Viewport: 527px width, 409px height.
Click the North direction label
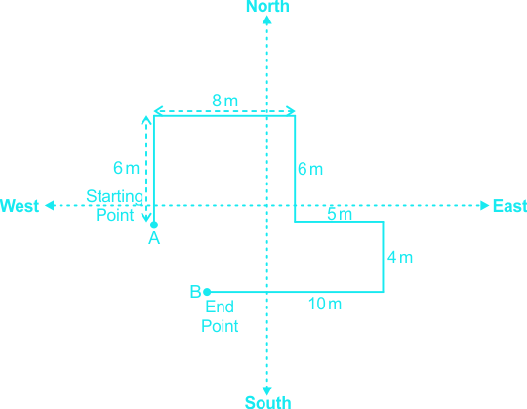(x=267, y=7)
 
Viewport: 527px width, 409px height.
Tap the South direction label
(x=267, y=402)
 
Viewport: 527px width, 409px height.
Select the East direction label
(x=509, y=206)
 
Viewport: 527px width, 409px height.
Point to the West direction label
(x=20, y=206)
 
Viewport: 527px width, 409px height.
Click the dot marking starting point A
(x=154, y=225)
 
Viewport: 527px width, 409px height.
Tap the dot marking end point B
(x=207, y=292)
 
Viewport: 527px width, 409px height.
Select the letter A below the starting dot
(x=154, y=238)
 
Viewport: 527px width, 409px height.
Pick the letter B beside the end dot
(x=195, y=291)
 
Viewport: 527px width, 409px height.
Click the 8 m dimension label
(x=224, y=101)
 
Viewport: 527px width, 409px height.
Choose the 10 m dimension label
(x=325, y=304)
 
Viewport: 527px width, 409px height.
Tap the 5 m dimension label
(x=340, y=214)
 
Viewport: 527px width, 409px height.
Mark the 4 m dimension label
(x=399, y=257)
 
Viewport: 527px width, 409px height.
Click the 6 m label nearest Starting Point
(x=126, y=168)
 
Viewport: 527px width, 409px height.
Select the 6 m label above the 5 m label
(x=310, y=169)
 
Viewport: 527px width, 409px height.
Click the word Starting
(x=115, y=197)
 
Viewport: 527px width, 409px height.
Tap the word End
(x=220, y=307)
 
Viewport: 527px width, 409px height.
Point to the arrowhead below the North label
(x=267, y=20)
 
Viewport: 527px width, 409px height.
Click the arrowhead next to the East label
(x=485, y=205)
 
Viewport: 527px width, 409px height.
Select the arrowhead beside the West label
(x=50, y=205)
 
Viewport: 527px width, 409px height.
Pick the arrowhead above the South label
(x=267, y=390)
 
